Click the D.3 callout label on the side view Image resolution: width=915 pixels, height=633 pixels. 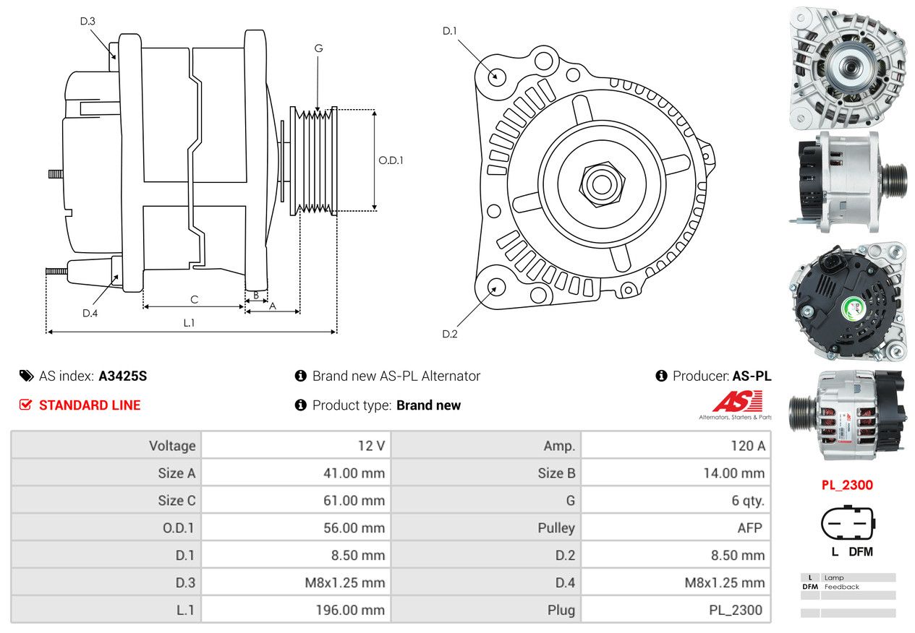pos(88,21)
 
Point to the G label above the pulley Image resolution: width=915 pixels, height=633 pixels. pos(318,48)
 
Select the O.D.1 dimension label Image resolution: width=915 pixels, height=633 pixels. pos(391,160)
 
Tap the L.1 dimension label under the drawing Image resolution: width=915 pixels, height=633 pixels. pos(189,323)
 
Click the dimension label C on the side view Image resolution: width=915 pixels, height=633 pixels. pos(194,299)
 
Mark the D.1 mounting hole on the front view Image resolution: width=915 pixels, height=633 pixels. pos(496,75)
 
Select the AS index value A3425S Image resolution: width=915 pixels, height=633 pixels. pos(123,376)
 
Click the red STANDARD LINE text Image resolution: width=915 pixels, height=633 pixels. pos(90,405)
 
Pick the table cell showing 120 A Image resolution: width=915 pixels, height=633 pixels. pos(747,446)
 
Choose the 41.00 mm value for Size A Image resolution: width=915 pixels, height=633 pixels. pos(354,473)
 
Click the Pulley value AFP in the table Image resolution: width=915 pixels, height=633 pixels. pos(749,528)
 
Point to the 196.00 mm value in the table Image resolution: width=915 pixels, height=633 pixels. pos(349,610)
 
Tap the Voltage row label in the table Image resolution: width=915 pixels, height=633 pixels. pos(172,446)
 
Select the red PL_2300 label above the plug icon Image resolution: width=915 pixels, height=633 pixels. pos(847,485)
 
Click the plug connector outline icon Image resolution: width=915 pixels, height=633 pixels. pos(847,523)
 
